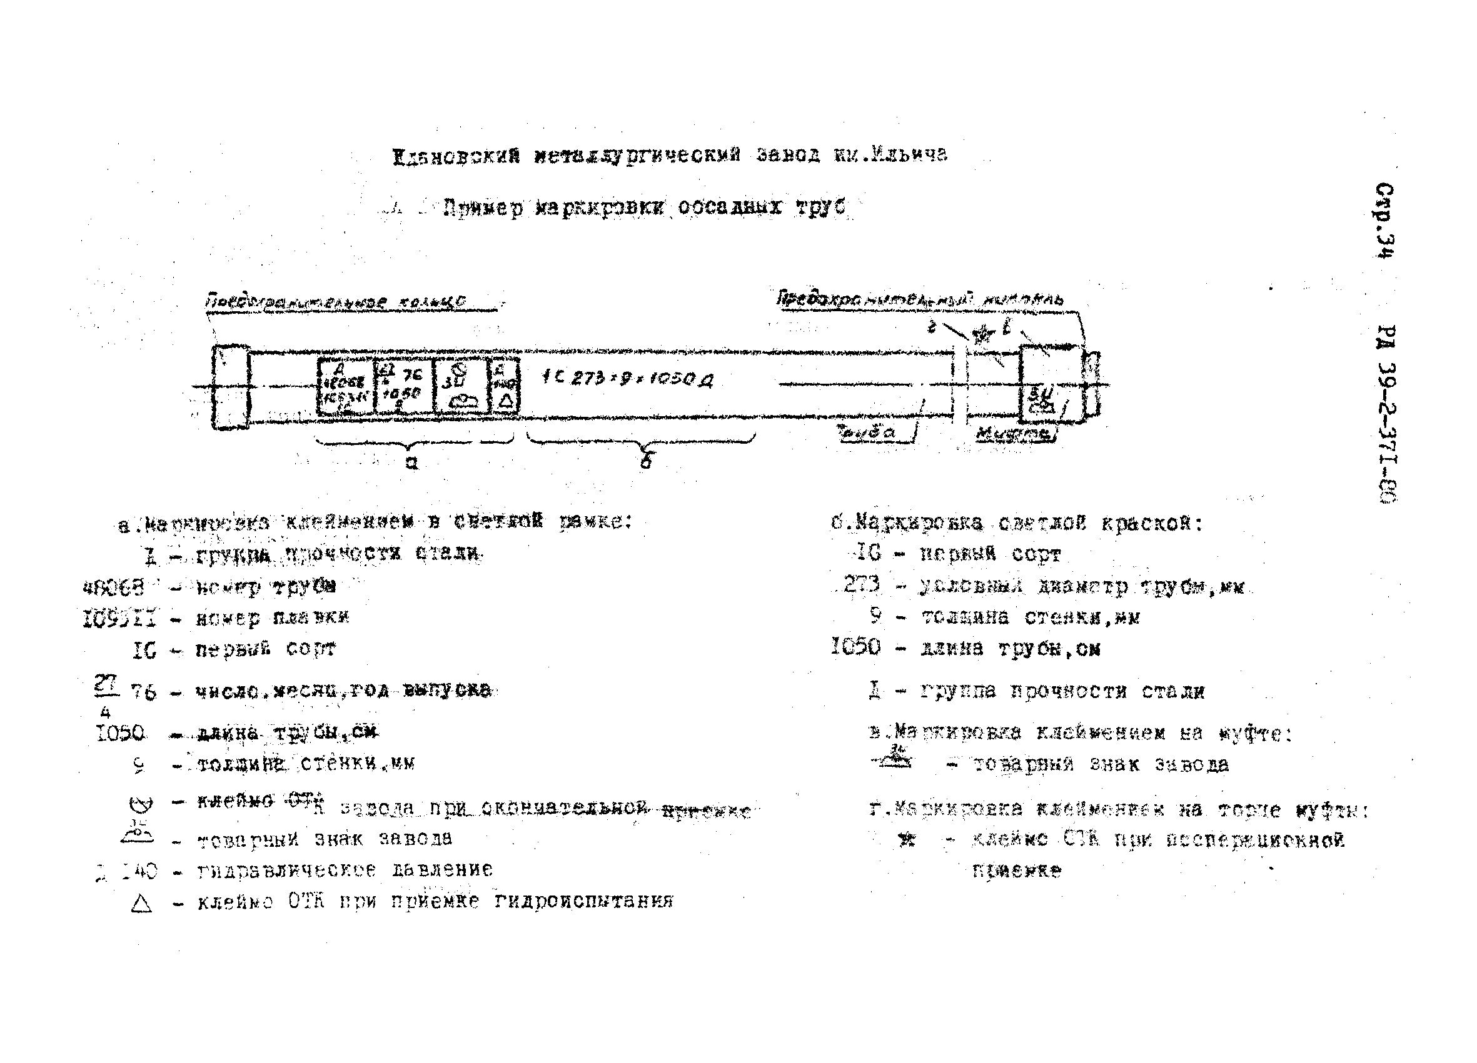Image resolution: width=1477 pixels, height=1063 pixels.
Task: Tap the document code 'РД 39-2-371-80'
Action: [1386, 413]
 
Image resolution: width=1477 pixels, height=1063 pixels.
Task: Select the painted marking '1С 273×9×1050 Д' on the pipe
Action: [627, 378]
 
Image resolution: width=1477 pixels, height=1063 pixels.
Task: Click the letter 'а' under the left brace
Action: [411, 463]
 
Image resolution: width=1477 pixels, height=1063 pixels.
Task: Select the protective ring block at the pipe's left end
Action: [231, 387]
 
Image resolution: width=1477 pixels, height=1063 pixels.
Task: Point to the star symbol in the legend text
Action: [906, 841]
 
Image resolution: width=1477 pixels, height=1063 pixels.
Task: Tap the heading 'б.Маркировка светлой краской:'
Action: [1016, 523]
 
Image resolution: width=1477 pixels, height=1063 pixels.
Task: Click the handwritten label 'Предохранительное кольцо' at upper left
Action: [335, 302]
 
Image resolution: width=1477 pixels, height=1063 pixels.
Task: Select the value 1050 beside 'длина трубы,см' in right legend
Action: [855, 646]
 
